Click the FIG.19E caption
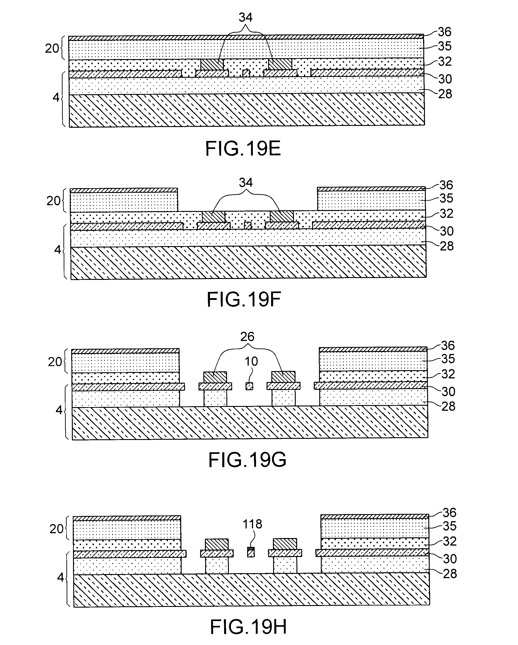pyautogui.click(x=243, y=149)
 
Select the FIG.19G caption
pyautogui.click(x=247, y=460)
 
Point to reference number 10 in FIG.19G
pyautogui.click(x=251, y=362)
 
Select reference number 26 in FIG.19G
pyautogui.click(x=247, y=337)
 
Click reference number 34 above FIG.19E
pyautogui.click(x=245, y=18)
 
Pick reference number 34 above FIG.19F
pyautogui.click(x=246, y=182)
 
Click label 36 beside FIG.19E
pyautogui.click(x=444, y=32)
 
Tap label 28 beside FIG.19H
pyautogui.click(x=450, y=574)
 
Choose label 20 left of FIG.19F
pyautogui.click(x=53, y=201)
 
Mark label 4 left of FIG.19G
pyautogui.click(x=59, y=410)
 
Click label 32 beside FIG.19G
pyautogui.click(x=448, y=374)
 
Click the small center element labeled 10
pyautogui.click(x=249, y=386)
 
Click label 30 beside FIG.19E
pyautogui.click(x=445, y=79)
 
